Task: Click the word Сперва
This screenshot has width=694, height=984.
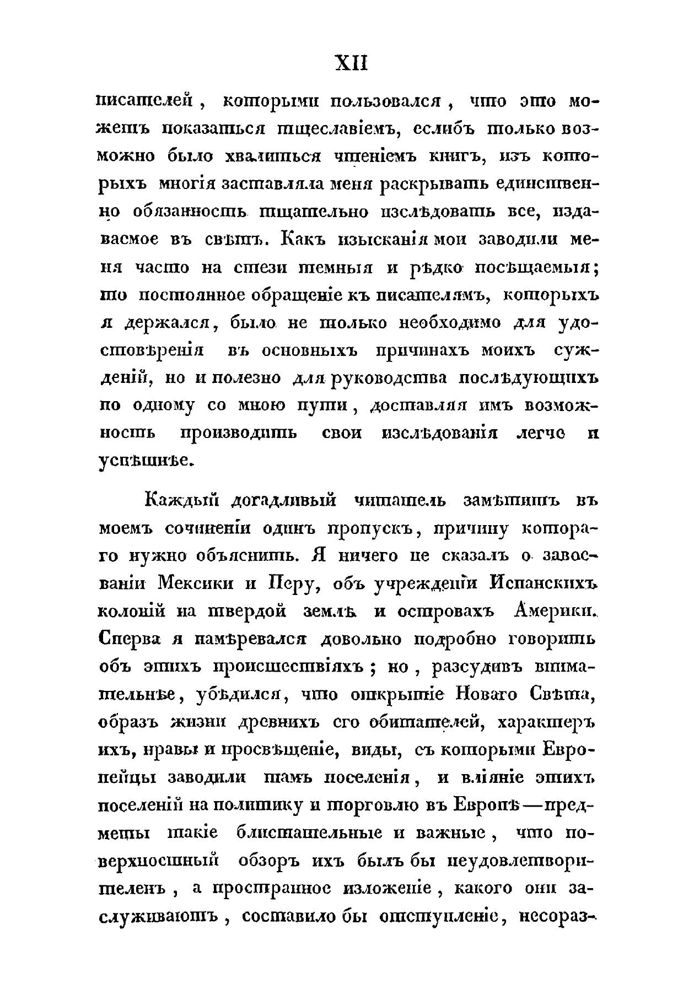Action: [x=130, y=640]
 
